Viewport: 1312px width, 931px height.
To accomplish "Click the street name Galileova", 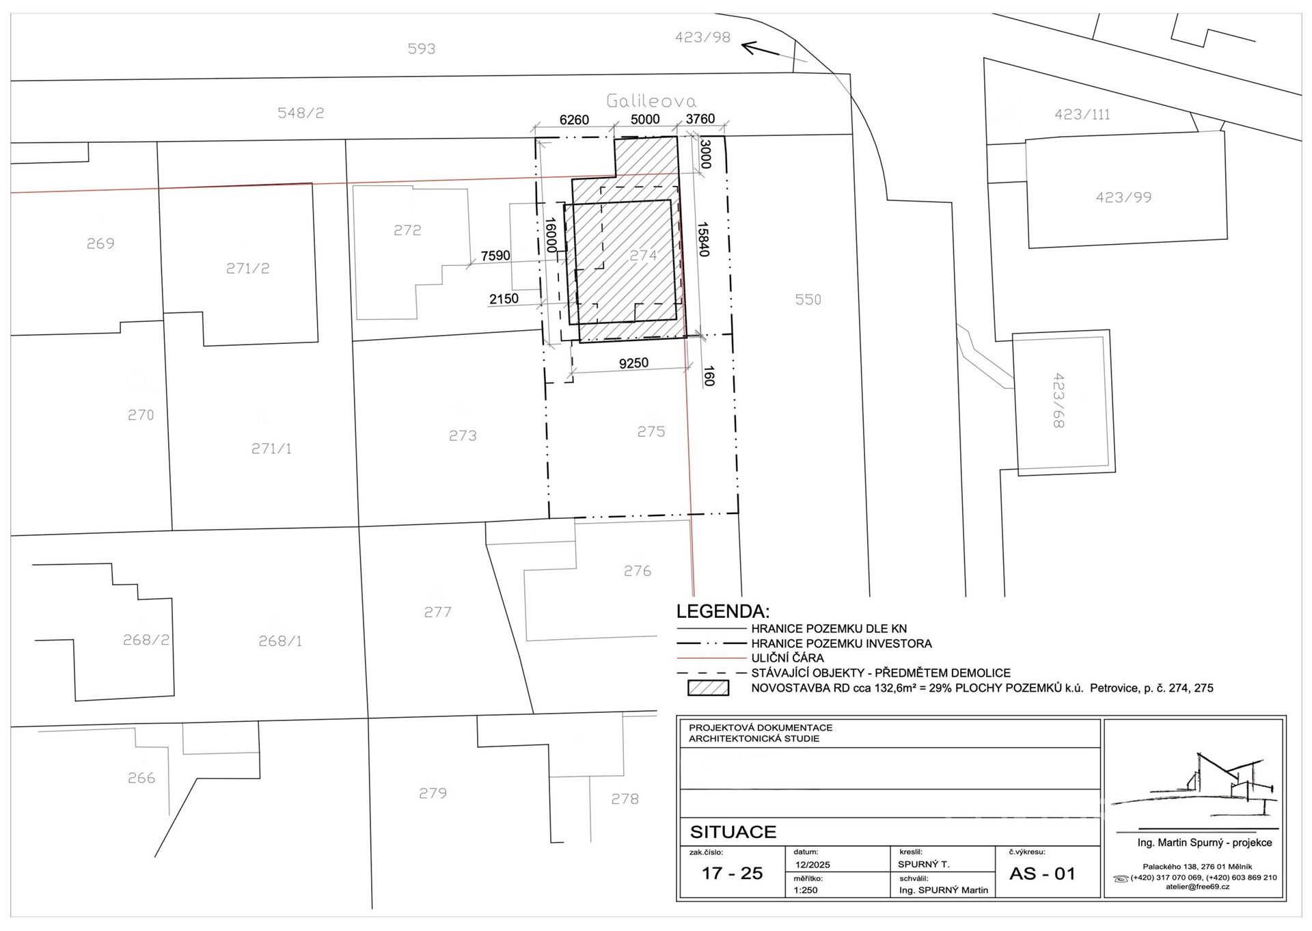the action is [x=651, y=101].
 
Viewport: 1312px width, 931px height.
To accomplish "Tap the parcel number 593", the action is [x=422, y=49].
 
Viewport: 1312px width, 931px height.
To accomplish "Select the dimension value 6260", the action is [x=574, y=120].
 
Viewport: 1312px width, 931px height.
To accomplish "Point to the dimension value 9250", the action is [x=633, y=363].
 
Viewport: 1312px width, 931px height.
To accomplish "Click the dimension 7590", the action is [x=495, y=256].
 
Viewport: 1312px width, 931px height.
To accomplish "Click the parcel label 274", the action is [x=643, y=255].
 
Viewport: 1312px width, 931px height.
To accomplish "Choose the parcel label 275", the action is [x=651, y=431].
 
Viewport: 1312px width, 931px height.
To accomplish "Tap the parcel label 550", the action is [x=808, y=299].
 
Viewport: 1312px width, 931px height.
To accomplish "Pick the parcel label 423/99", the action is [x=1123, y=198].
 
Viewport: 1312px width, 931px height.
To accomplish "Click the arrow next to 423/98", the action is [x=761, y=49].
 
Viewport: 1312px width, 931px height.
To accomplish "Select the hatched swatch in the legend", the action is [x=708, y=688].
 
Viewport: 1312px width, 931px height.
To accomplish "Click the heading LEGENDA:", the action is [x=723, y=611].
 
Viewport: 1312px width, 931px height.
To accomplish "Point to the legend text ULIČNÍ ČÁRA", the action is [x=787, y=658].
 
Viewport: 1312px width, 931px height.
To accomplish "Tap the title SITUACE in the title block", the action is [x=733, y=832].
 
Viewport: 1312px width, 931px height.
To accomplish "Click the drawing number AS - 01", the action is [x=1042, y=874].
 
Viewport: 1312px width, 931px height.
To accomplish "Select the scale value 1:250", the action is [x=806, y=890].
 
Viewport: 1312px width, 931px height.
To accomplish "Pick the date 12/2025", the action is [x=812, y=865].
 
